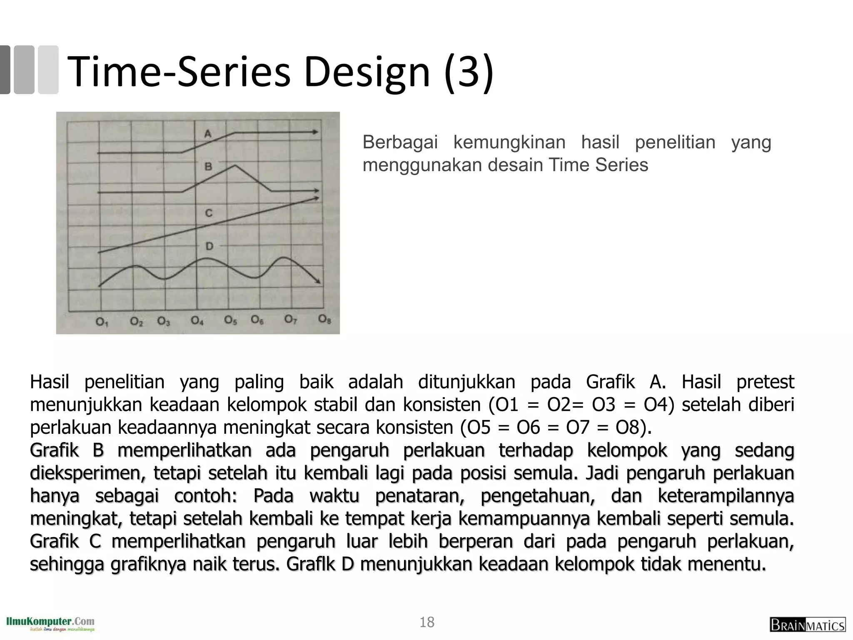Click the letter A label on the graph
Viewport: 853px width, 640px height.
(x=208, y=134)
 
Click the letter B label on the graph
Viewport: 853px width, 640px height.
(x=208, y=167)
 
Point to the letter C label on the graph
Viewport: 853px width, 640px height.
(x=209, y=213)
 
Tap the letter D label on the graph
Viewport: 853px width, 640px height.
(x=209, y=246)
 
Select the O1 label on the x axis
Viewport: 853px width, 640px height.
(x=102, y=322)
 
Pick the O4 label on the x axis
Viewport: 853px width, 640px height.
(x=197, y=321)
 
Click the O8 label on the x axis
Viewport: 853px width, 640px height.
(x=324, y=320)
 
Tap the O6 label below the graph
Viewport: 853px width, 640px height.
(x=257, y=320)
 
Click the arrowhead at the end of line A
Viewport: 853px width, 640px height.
(x=315, y=132)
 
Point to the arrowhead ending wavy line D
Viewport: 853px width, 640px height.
(x=318, y=281)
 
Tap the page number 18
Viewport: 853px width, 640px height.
(x=427, y=622)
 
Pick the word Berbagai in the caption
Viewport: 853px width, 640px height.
(x=400, y=142)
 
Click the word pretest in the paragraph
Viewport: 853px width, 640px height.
(x=765, y=382)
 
